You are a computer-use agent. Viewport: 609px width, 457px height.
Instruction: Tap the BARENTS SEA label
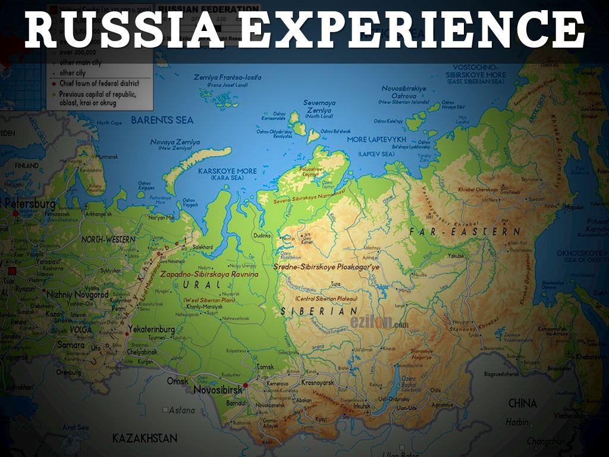[162, 120]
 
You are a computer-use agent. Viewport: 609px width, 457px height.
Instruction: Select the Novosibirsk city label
[218, 389]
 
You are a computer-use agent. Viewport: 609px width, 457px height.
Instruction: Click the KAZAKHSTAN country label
[145, 439]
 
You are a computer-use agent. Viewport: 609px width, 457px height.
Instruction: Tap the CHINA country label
[522, 403]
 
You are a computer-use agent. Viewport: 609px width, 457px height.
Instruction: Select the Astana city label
[182, 410]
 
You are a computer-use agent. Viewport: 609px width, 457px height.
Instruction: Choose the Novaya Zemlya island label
[175, 143]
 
